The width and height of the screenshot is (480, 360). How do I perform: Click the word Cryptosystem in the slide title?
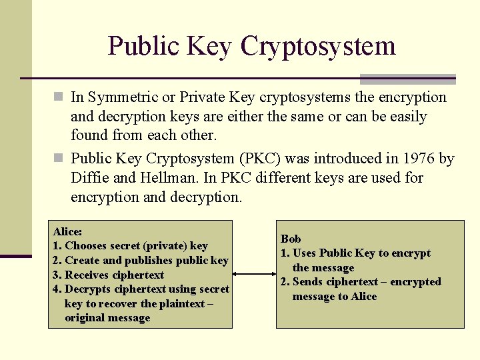click(318, 46)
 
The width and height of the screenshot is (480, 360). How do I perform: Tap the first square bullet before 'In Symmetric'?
click(59, 97)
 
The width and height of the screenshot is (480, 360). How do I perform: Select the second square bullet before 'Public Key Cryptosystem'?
click(59, 159)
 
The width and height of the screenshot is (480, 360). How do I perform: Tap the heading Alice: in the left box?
click(68, 231)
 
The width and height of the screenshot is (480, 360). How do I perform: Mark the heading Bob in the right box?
click(291, 239)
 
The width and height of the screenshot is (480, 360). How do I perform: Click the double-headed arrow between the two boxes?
click(254, 274)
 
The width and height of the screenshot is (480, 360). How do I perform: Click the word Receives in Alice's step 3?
click(87, 275)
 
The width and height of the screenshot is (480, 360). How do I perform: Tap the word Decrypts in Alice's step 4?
click(87, 289)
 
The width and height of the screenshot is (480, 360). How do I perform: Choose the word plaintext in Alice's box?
click(182, 303)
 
